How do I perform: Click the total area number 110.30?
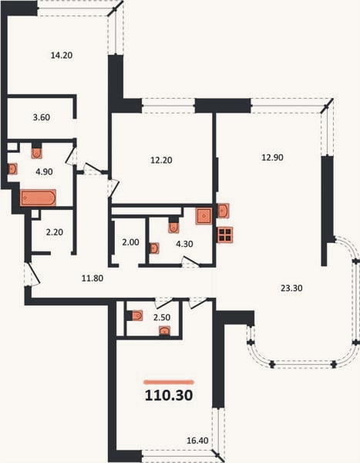tap(169, 395)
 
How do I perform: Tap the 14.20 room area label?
tap(62, 56)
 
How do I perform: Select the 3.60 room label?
tap(42, 117)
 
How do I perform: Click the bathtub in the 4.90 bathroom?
tap(38, 198)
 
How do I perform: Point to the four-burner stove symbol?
tap(225, 235)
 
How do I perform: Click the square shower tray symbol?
tap(204, 216)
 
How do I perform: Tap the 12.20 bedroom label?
tap(161, 160)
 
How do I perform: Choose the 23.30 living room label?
tap(291, 288)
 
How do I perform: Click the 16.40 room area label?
tap(197, 441)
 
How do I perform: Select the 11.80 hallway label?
tap(93, 278)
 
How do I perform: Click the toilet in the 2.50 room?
tap(136, 316)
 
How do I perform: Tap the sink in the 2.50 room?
tap(165, 331)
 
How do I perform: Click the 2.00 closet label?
tap(130, 242)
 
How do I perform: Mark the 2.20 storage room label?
tap(55, 232)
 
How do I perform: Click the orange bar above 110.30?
tap(169, 382)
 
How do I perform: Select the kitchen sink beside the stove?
tap(224, 211)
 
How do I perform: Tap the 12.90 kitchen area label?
tap(272, 157)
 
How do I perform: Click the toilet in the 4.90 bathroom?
tap(36, 153)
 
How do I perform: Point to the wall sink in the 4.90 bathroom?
tap(12, 169)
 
